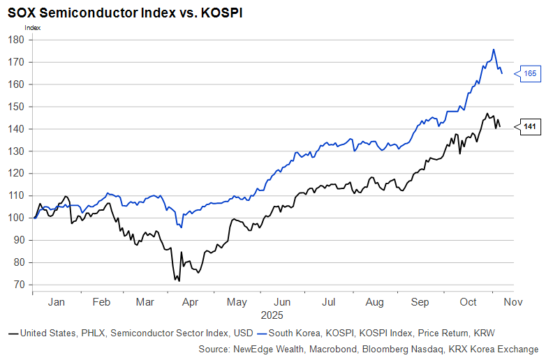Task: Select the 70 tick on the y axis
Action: point(18,285)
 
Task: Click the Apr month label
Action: point(190,302)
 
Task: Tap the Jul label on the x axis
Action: point(327,302)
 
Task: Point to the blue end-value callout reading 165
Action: point(530,73)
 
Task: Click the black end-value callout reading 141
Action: point(530,126)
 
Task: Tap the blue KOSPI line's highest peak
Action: point(494,50)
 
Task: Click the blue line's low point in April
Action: point(181,227)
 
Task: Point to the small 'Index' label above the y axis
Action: point(33,27)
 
